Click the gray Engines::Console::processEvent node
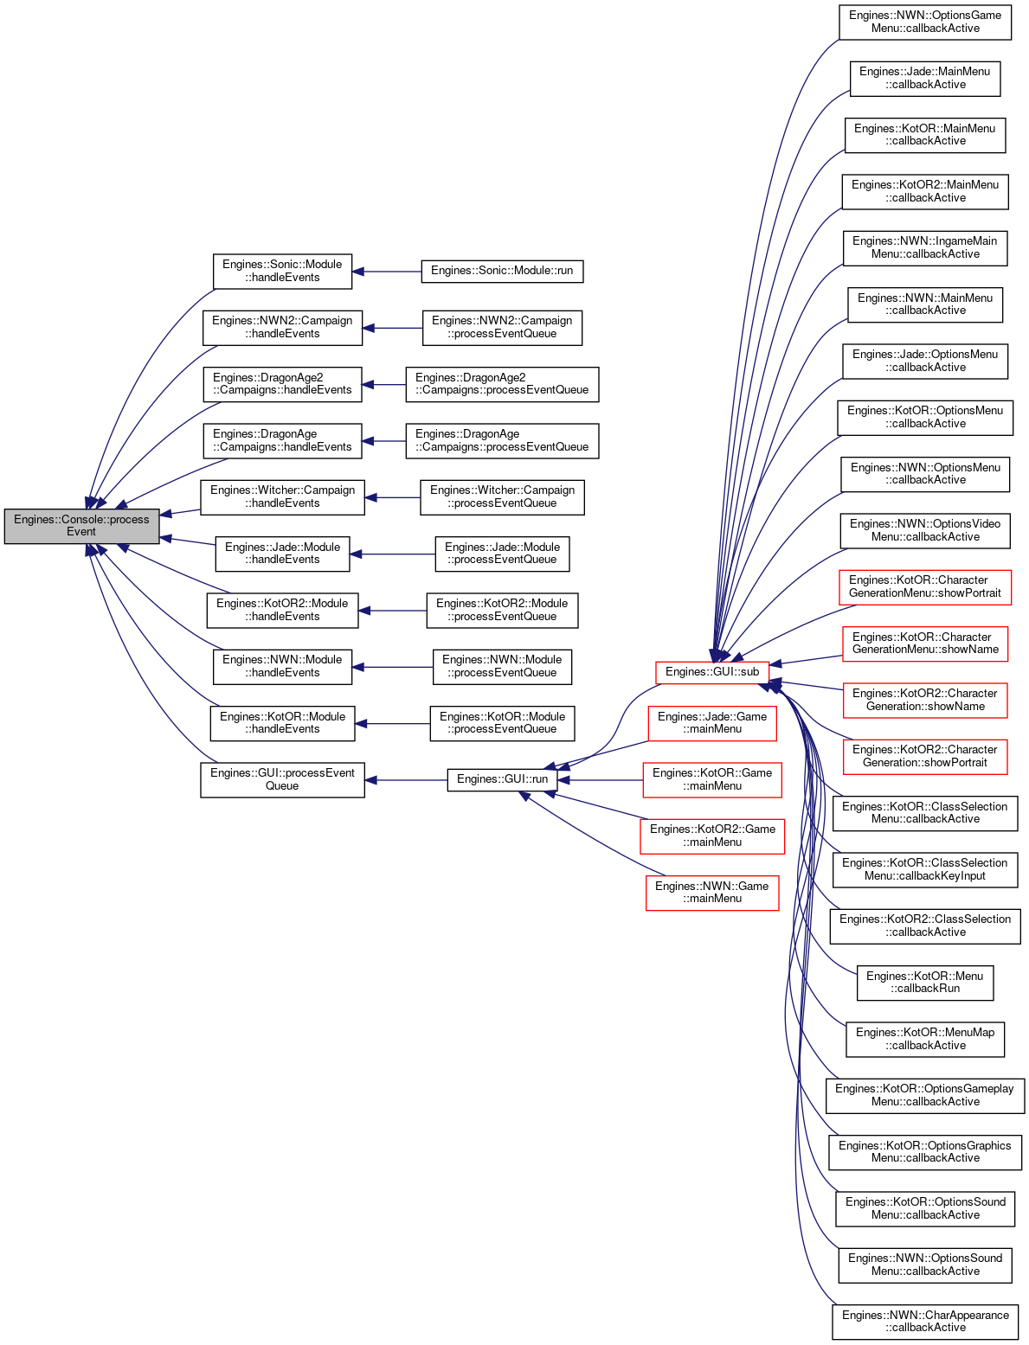point(81,526)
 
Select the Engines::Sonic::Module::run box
point(502,271)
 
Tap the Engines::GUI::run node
point(502,779)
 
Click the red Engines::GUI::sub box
point(712,672)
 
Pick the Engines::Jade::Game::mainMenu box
point(712,723)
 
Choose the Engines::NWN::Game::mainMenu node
point(712,892)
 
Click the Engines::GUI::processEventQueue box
point(282,779)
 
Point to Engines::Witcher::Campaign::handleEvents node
point(282,497)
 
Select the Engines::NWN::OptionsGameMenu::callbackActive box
point(925,22)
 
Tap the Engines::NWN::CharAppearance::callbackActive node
point(925,1322)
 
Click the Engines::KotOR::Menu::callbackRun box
point(925,983)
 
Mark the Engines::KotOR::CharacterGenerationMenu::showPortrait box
point(925,587)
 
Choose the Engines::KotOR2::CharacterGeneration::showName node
point(925,700)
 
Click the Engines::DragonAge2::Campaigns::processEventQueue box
point(502,384)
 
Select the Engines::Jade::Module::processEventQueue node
point(502,554)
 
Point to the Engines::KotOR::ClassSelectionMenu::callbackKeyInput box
point(925,869)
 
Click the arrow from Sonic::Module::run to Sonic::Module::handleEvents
point(387,272)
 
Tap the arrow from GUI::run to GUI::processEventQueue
point(406,780)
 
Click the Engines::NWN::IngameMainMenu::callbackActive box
point(925,248)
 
